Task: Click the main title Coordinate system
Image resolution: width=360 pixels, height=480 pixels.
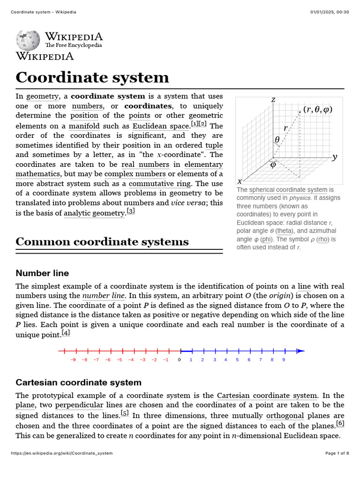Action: (92, 77)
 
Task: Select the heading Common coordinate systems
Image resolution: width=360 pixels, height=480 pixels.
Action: (102, 242)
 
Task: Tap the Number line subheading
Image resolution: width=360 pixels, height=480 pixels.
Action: (42, 273)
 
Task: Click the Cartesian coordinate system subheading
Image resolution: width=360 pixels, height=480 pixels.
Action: (78, 382)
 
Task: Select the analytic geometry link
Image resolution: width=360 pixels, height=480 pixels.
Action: (94, 213)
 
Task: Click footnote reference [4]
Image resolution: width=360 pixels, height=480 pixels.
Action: (66, 333)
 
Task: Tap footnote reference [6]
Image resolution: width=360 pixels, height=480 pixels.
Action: (340, 423)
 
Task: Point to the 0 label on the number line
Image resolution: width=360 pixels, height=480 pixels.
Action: (179, 360)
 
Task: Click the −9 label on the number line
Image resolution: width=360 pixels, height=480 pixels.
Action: (73, 360)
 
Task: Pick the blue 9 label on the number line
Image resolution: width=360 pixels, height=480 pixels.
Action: (284, 360)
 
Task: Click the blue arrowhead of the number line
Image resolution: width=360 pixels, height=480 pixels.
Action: (300, 351)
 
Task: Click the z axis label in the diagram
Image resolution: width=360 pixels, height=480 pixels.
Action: (273, 99)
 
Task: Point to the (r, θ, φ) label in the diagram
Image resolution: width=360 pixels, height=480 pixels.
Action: (318, 109)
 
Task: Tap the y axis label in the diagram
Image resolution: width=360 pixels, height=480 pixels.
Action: (334, 157)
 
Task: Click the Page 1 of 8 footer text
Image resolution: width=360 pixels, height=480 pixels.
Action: (337, 453)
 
